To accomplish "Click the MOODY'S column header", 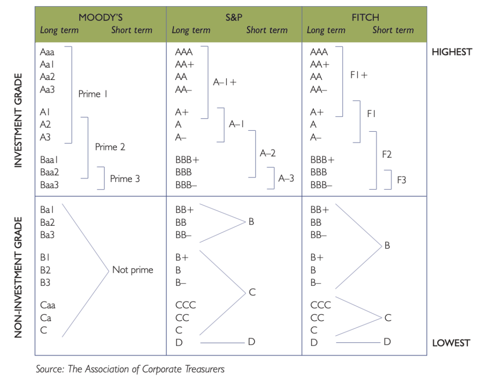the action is click(x=101, y=17).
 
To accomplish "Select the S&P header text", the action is click(x=234, y=17).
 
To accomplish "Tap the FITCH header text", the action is click(x=365, y=17).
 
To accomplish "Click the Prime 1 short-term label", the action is click(x=93, y=94).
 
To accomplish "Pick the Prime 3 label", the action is click(x=125, y=179).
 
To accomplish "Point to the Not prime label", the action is click(x=133, y=269).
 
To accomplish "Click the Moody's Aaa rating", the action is click(x=47, y=52).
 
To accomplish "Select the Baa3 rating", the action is click(x=49, y=185).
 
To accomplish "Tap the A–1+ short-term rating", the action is click(x=225, y=82).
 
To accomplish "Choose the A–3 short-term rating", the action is click(x=286, y=178).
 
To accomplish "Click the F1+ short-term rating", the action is click(x=359, y=75).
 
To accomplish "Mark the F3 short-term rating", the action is click(x=402, y=180).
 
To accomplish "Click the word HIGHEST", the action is click(x=452, y=52).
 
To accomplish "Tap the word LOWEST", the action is click(x=451, y=343).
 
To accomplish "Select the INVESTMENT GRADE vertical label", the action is click(x=19, y=120).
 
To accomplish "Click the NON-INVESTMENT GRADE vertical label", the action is click(x=19, y=277).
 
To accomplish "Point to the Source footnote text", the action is click(x=130, y=369).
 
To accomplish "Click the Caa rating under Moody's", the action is click(x=48, y=305).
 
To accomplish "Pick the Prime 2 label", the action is click(x=110, y=147).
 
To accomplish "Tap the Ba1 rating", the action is click(x=47, y=210).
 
